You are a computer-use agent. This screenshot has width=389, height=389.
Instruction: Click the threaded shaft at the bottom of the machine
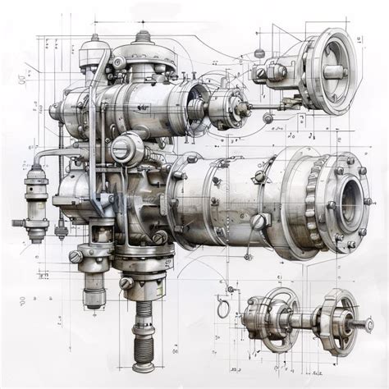(x=144, y=328)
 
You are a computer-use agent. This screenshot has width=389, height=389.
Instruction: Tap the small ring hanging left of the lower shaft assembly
(x=222, y=309)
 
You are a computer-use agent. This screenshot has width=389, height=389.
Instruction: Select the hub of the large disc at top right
(x=335, y=71)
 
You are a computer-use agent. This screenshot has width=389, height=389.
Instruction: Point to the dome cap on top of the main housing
(x=144, y=39)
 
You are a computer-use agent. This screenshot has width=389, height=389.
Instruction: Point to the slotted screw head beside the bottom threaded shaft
(x=126, y=283)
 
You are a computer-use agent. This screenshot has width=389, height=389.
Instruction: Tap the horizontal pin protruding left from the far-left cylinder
(x=18, y=222)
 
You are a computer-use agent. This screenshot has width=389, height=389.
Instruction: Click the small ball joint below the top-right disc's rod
(x=268, y=118)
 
